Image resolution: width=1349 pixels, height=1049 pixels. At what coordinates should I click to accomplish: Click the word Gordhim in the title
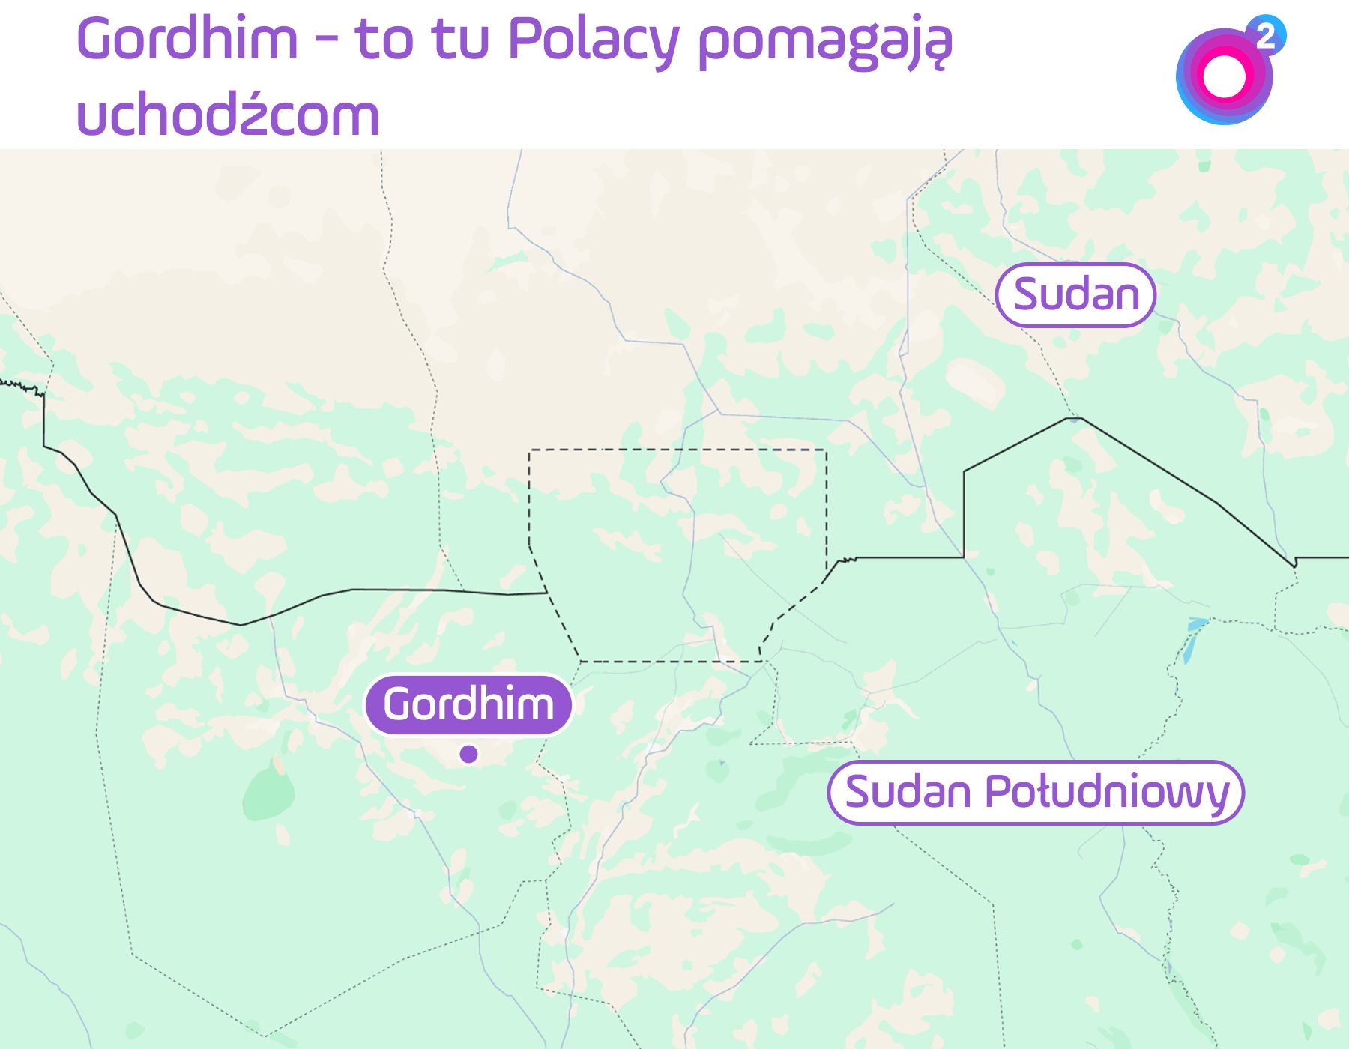pos(187,39)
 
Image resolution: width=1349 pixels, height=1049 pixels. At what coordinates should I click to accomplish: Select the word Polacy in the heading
pos(593,39)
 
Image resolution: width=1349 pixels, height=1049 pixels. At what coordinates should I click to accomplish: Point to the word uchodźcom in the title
pos(228,116)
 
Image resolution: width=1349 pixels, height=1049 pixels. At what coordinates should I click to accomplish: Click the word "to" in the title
pos(383,39)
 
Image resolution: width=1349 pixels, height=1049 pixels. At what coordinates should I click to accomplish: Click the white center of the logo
pos(1224,76)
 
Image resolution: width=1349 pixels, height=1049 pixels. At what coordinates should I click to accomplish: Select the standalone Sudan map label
pos(1075,294)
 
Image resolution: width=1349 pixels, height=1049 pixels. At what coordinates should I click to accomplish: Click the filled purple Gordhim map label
pos(468,704)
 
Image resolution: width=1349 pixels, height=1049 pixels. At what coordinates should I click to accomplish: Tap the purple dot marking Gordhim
pos(469,754)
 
